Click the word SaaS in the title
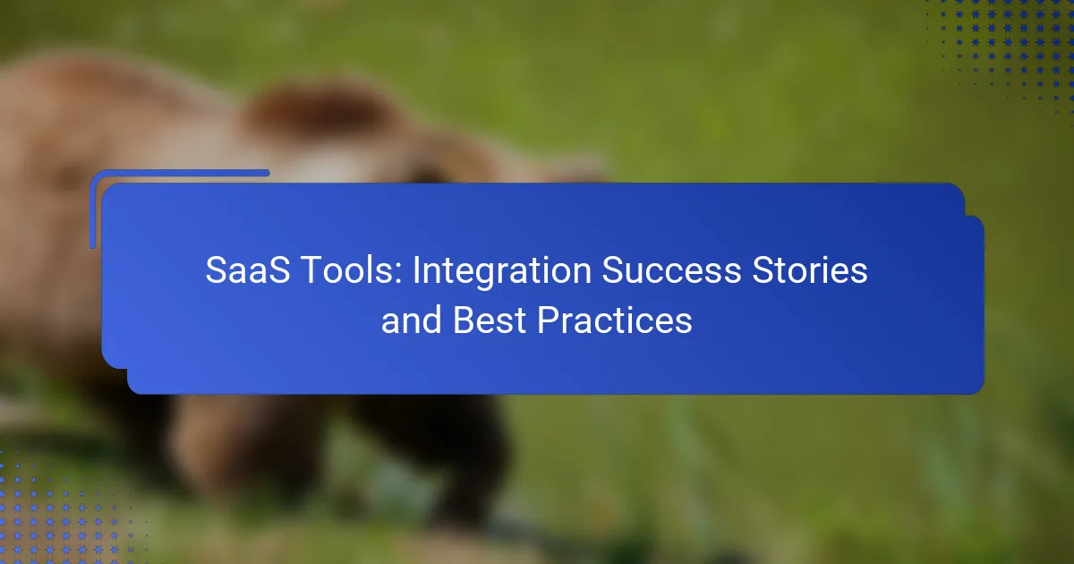coord(247,270)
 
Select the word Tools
coord(352,270)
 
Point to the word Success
coord(671,270)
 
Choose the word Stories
coord(810,270)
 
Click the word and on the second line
coord(411,320)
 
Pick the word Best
coord(489,320)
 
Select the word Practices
coord(615,320)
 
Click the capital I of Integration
coord(416,270)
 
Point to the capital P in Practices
coord(549,320)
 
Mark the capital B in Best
coord(465,320)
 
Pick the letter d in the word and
coord(431,320)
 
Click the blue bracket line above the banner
coord(179,174)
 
